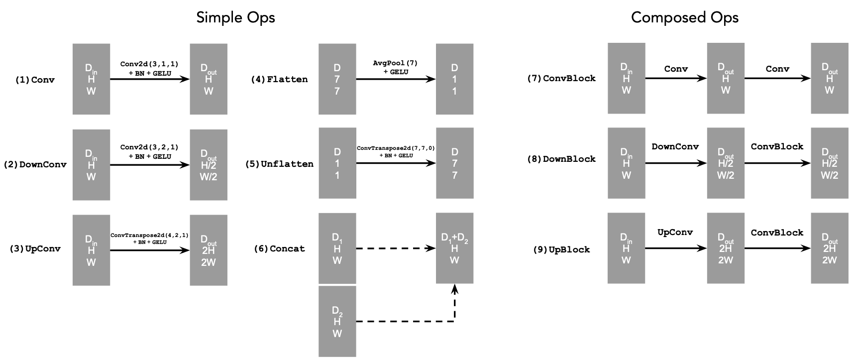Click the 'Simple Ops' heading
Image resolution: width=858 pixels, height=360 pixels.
pyautogui.click(x=235, y=17)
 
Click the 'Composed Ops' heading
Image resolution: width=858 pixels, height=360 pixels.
pyautogui.click(x=684, y=17)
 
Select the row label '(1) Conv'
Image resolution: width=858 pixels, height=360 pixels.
pyautogui.click(x=35, y=80)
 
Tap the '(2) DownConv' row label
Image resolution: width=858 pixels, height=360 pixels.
pyautogui.click(x=35, y=164)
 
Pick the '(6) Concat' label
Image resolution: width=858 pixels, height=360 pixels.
pyautogui.click(x=279, y=248)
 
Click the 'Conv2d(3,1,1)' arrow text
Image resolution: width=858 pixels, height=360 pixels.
pyautogui.click(x=149, y=64)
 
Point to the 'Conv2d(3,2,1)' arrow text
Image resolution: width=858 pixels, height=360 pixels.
pyautogui.click(x=149, y=147)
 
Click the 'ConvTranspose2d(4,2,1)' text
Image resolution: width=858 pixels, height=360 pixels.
pyautogui.click(x=149, y=235)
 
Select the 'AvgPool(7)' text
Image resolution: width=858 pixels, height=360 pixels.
pyautogui.click(x=396, y=63)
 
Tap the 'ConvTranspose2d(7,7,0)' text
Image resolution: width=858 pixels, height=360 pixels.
pyautogui.click(x=396, y=148)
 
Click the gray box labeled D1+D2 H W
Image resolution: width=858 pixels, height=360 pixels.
pyautogui.click(x=454, y=248)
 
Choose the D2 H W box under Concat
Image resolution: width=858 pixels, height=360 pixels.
pyautogui.click(x=337, y=321)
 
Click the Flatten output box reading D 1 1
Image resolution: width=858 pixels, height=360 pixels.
pyautogui.click(x=454, y=79)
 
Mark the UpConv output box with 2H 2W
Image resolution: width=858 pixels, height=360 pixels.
pyautogui.click(x=208, y=250)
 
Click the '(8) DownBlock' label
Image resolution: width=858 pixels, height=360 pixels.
pyautogui.click(x=561, y=159)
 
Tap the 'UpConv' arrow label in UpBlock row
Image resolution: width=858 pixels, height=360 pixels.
pyautogui.click(x=675, y=232)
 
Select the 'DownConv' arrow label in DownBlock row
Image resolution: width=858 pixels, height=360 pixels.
pyautogui.click(x=675, y=146)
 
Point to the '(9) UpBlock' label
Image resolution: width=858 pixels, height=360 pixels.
pyautogui.click(x=561, y=249)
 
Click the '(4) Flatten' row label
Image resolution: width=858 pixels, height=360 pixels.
pyautogui.click(x=279, y=79)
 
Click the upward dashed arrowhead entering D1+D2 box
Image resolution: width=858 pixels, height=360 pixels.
pyautogui.click(x=454, y=289)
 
